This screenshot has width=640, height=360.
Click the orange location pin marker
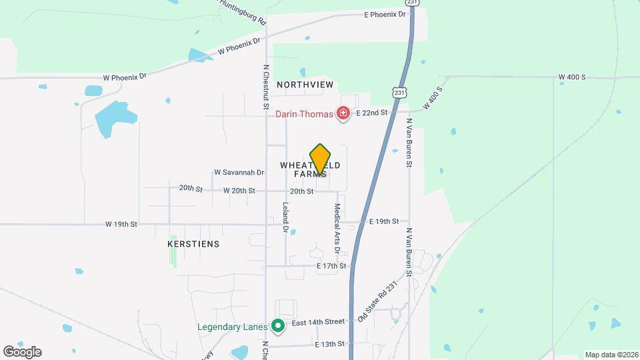[320, 159]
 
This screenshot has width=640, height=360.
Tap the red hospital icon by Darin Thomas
[343, 114]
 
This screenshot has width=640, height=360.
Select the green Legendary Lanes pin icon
[279, 326]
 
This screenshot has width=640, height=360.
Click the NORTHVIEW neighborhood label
[305, 85]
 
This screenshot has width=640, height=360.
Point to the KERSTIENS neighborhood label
[193, 245]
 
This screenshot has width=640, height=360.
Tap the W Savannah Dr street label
[239, 173]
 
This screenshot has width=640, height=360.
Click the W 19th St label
[121, 225]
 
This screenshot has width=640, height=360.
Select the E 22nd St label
[372, 113]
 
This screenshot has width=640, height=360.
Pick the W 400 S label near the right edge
[572, 77]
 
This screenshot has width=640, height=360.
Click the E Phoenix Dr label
[385, 15]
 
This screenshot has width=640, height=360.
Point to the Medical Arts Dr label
[337, 228]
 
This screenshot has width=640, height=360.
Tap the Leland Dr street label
[285, 217]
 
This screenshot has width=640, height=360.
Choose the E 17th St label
[331, 266]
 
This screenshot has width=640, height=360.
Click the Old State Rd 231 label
[377, 302]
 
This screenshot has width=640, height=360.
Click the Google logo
[22, 351]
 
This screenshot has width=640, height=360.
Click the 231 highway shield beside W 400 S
[399, 91]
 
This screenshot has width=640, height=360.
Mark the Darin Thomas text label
[304, 114]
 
